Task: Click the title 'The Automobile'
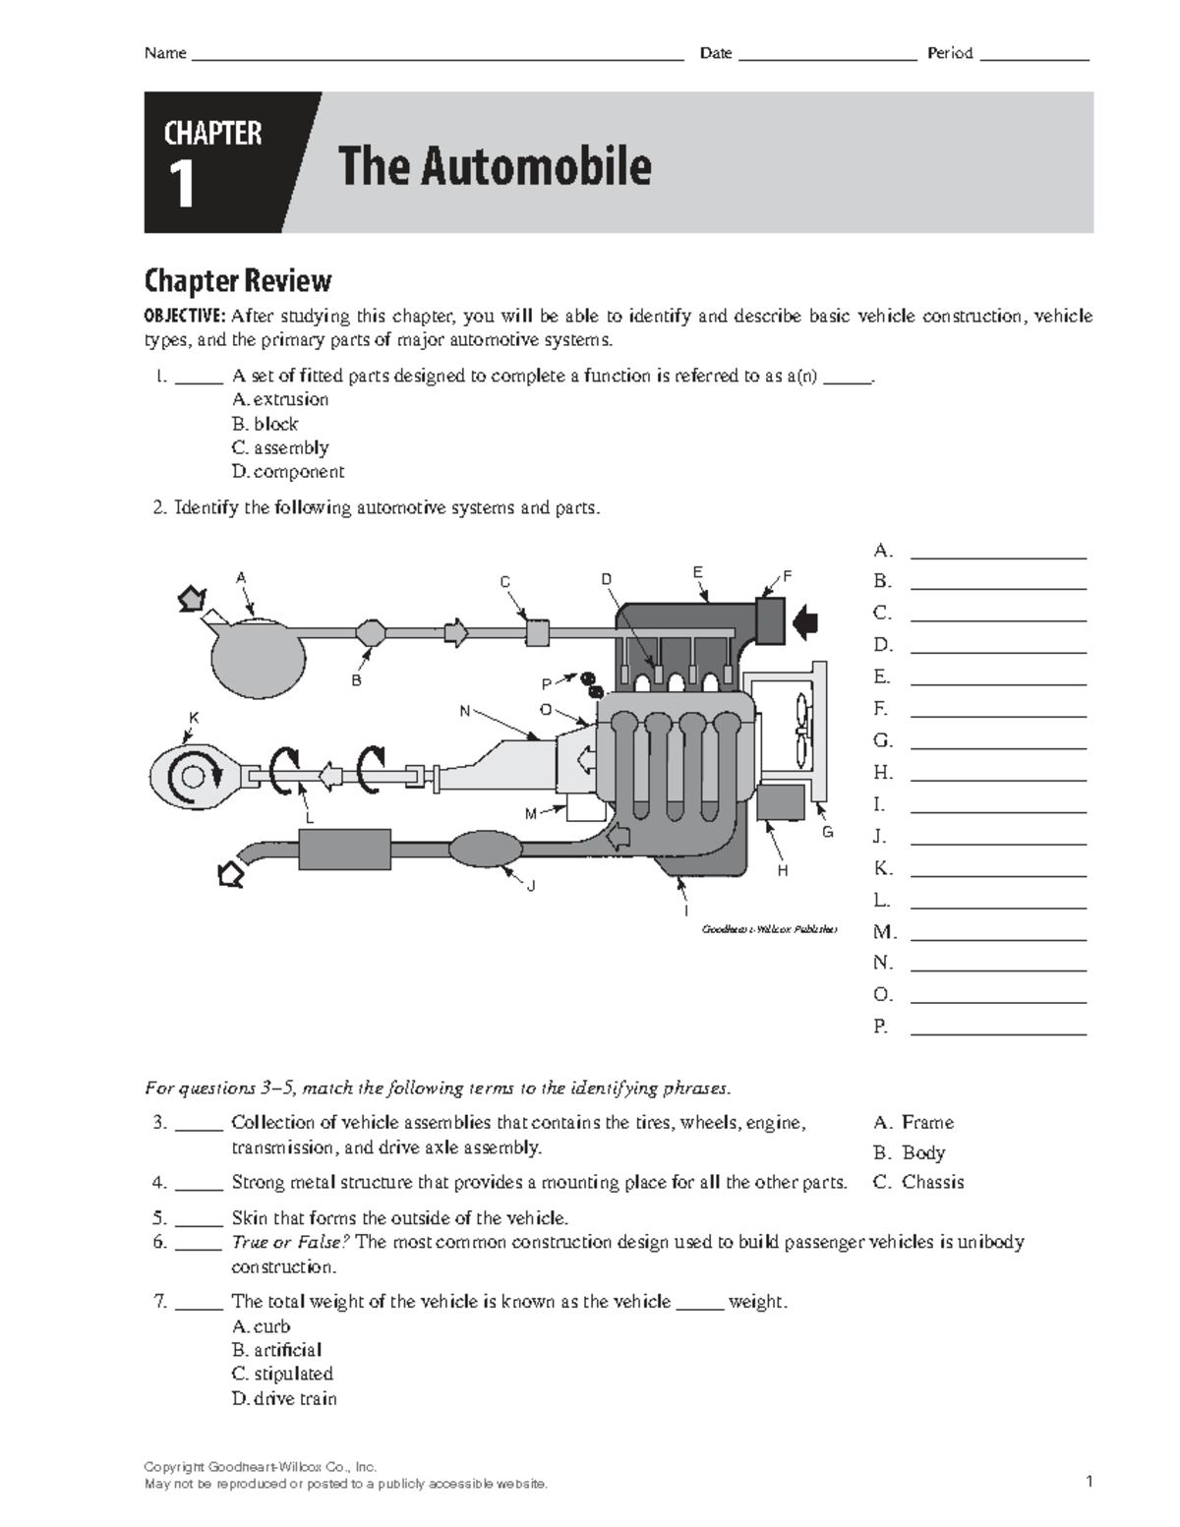494,165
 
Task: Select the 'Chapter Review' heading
237,281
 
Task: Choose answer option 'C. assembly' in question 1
280,447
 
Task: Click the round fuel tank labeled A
258,655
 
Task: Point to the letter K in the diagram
194,718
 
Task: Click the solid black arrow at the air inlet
805,620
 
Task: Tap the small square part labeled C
537,631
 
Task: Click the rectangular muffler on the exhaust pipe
344,849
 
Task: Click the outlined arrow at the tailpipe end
230,872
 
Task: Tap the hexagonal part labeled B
371,632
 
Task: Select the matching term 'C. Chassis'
918,1182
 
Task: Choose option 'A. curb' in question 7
261,1326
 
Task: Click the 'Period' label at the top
949,53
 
